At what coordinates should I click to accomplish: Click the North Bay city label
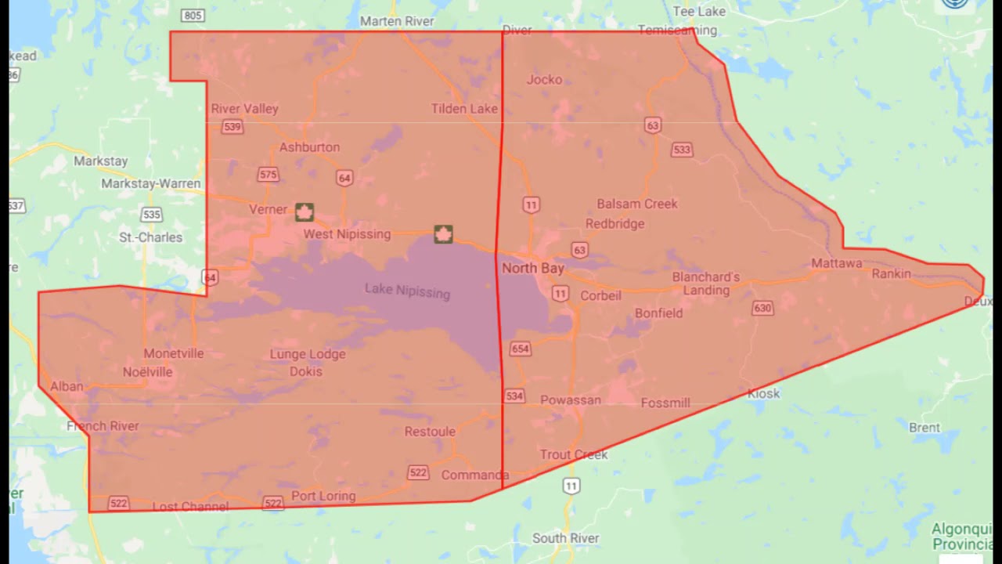click(x=532, y=268)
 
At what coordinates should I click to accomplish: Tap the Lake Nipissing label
click(x=407, y=291)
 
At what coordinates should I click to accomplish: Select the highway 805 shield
click(x=193, y=15)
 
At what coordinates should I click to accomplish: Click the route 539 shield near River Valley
click(x=232, y=127)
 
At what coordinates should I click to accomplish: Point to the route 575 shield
click(x=269, y=175)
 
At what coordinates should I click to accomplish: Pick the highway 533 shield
click(x=682, y=150)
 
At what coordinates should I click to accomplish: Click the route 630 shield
click(x=762, y=308)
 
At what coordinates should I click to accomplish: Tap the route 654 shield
click(x=520, y=349)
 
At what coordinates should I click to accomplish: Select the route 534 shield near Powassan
click(x=514, y=396)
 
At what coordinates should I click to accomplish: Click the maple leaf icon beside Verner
click(x=305, y=211)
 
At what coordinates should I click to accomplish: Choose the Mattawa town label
click(x=836, y=263)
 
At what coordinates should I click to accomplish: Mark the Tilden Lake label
click(x=464, y=109)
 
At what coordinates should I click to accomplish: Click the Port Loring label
click(x=323, y=496)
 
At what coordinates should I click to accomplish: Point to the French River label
click(x=103, y=426)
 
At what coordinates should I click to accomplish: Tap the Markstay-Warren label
click(x=150, y=183)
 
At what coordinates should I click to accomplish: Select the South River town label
click(x=565, y=538)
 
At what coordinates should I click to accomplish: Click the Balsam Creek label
click(x=636, y=204)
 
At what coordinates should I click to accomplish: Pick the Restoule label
click(x=430, y=432)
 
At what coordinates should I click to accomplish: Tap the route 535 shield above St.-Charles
click(x=152, y=215)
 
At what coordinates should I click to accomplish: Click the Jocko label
click(x=544, y=79)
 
